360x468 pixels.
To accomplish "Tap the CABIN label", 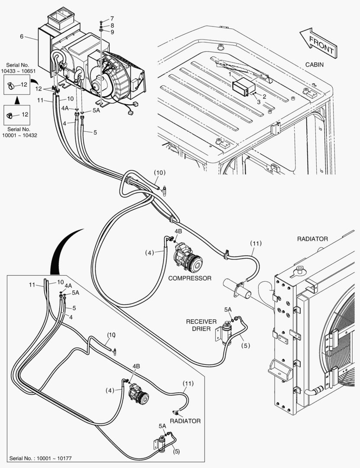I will click(314, 65).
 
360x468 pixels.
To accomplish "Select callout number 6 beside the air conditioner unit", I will click(21, 36).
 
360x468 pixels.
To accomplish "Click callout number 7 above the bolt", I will click(112, 19).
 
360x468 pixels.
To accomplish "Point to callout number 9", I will click(112, 32).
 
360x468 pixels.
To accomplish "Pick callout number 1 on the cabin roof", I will click(230, 75).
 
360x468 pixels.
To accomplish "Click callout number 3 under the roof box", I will click(259, 102).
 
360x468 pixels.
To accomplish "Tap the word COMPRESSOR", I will click(190, 278).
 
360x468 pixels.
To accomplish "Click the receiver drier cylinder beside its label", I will click(226, 333).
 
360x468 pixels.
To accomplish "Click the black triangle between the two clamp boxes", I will click(17, 100).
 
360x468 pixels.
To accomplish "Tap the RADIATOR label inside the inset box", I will click(185, 421).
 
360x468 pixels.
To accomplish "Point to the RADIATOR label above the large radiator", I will click(312, 239).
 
